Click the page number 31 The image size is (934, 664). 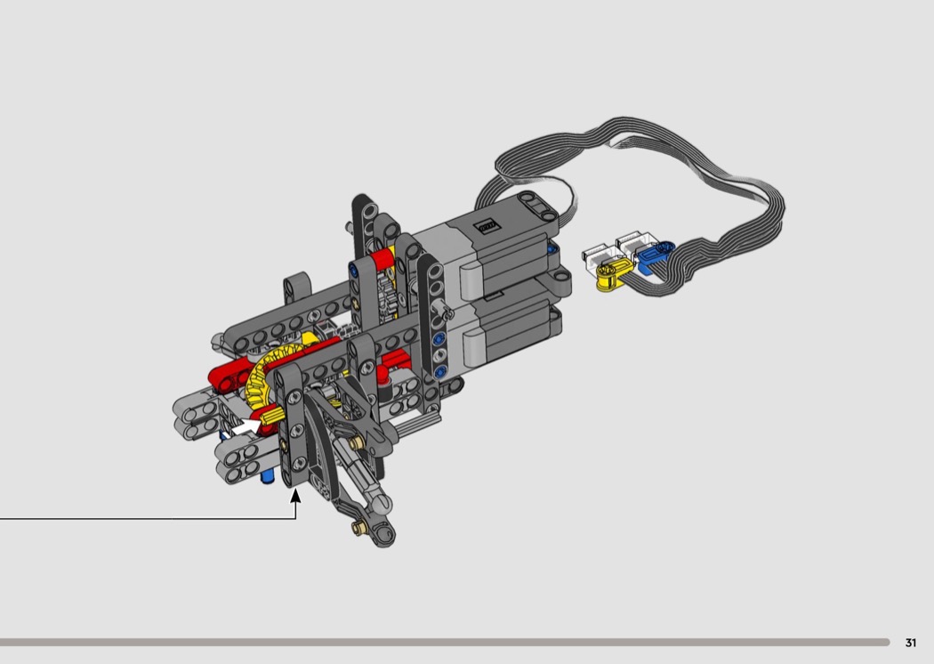910,643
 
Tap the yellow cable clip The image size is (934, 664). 611,275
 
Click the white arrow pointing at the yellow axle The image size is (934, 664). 245,427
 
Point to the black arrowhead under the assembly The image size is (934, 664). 295,496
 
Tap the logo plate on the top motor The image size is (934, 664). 487,226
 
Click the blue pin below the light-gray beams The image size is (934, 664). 268,475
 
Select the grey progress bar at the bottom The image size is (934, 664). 445,642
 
